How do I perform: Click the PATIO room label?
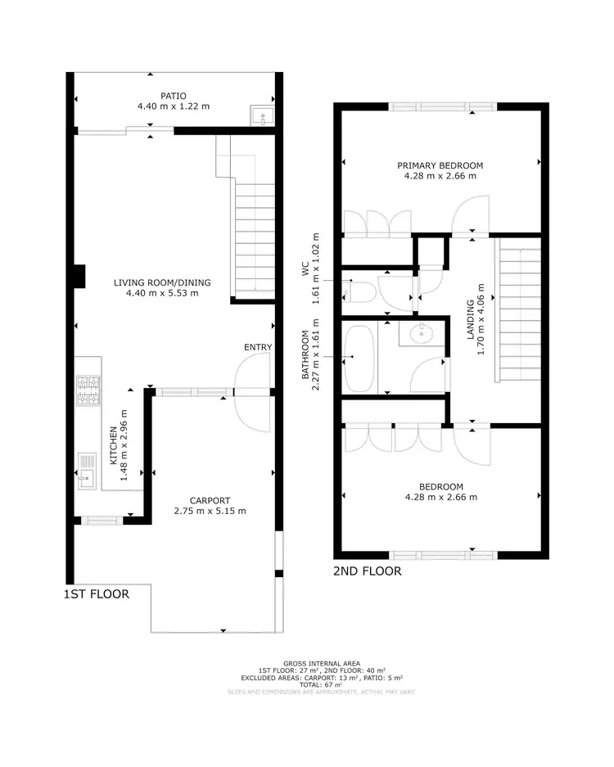[173, 95]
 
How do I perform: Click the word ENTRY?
[257, 348]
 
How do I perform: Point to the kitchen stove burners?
[87, 392]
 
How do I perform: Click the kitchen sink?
[88, 471]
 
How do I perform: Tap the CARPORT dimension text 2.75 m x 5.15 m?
[210, 512]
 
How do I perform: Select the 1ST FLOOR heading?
[97, 594]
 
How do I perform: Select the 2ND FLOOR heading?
[368, 571]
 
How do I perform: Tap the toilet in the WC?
[362, 290]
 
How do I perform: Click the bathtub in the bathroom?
[359, 358]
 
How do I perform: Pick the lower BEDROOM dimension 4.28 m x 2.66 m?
[440, 497]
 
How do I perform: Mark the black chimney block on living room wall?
[78, 277]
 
